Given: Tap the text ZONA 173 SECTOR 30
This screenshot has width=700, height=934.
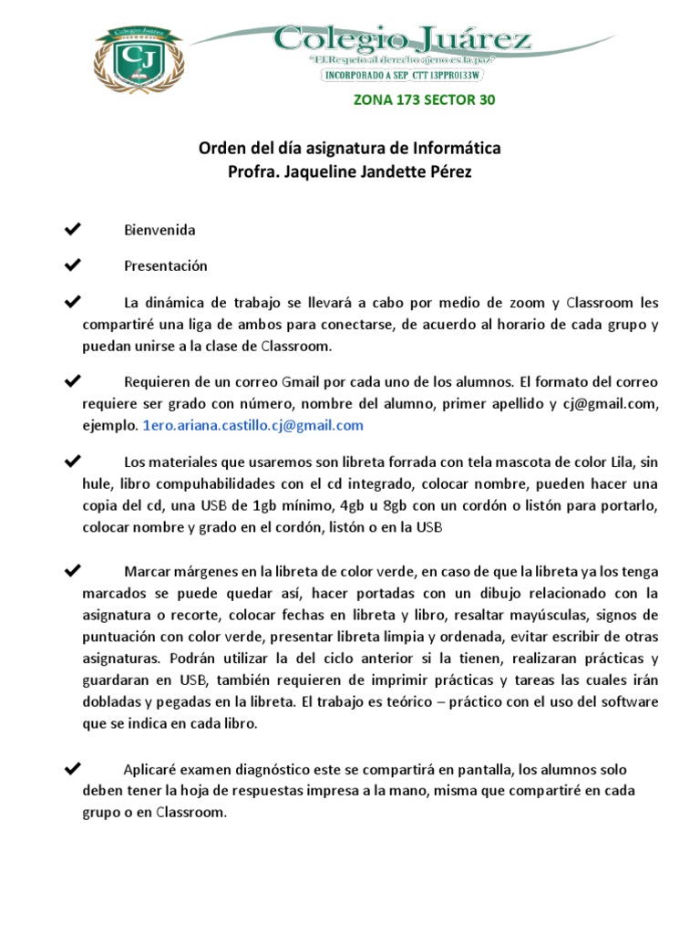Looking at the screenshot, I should click(x=424, y=99).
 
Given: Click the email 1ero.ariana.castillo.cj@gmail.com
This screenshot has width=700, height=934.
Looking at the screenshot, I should click(x=252, y=425).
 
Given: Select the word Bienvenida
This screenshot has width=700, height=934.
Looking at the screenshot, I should click(x=160, y=230).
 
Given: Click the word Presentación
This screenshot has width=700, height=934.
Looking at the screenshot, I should click(x=166, y=266).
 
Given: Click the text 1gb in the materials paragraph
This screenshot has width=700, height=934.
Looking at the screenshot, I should click(x=261, y=505).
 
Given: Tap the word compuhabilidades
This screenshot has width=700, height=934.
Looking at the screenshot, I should click(x=190, y=483).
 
